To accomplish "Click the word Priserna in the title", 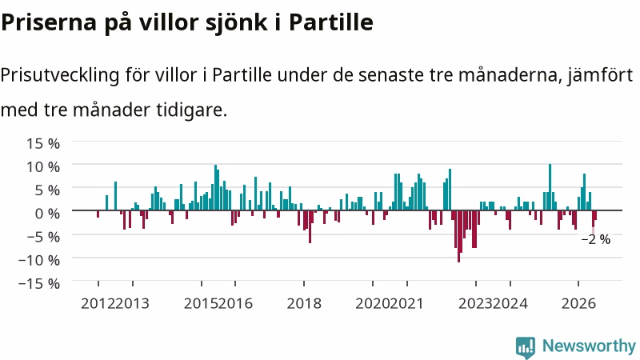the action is [x=49, y=22].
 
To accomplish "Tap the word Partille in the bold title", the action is [x=331, y=22].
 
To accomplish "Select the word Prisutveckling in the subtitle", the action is [x=61, y=75].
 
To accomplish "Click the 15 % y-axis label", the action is [x=43, y=144].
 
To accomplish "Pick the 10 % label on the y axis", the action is [x=43, y=167].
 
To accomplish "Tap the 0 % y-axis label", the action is [x=47, y=214].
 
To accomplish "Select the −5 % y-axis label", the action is [x=43, y=237].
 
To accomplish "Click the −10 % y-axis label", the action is [x=39, y=260].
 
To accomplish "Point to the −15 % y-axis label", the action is [x=39, y=283].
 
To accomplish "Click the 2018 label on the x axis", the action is [x=304, y=304].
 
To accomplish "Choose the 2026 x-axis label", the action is [x=578, y=304].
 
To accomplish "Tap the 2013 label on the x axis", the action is [x=132, y=304].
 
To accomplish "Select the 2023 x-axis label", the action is [x=476, y=304].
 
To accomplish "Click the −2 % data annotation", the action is [x=596, y=239].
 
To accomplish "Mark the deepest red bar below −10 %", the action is [x=458, y=236].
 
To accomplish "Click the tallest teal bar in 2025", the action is [x=550, y=187].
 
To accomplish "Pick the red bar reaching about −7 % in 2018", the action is [x=310, y=227].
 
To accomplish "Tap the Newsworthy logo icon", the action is [x=526, y=347].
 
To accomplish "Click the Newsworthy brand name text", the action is [x=589, y=346].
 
